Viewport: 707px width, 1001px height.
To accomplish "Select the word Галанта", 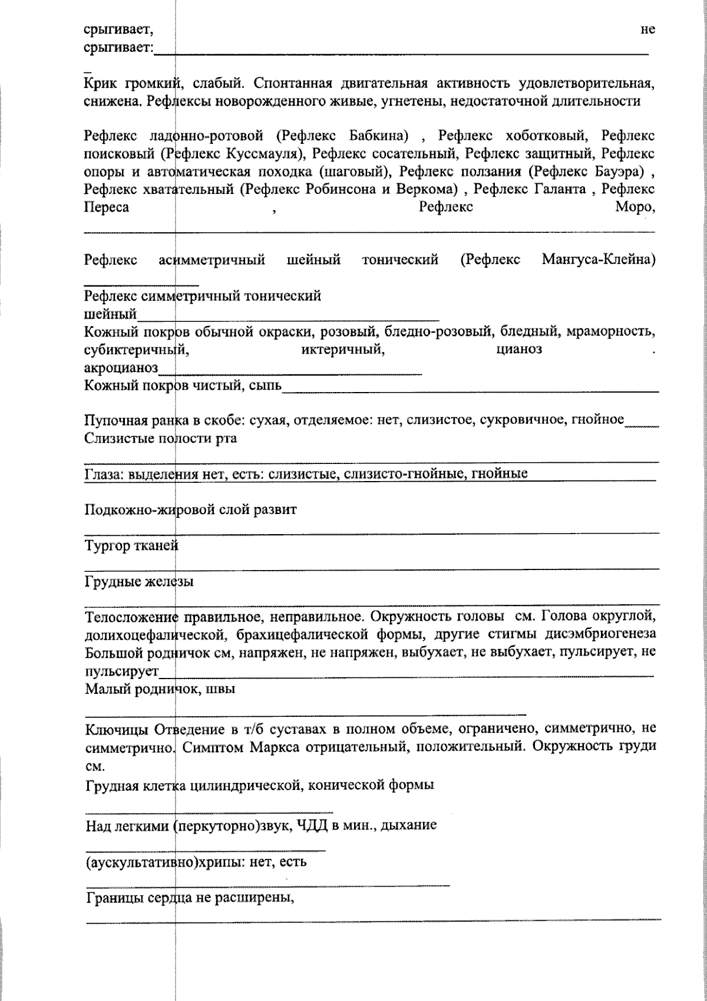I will click(x=560, y=189).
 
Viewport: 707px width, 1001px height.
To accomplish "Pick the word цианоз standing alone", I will click(x=518, y=350).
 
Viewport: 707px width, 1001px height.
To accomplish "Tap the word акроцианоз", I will click(x=121, y=368).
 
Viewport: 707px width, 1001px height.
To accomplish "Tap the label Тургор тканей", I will click(x=131, y=546).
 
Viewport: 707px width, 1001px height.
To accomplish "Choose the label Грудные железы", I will click(x=139, y=582).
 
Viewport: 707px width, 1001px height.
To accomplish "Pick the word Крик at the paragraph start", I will click(x=101, y=83).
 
